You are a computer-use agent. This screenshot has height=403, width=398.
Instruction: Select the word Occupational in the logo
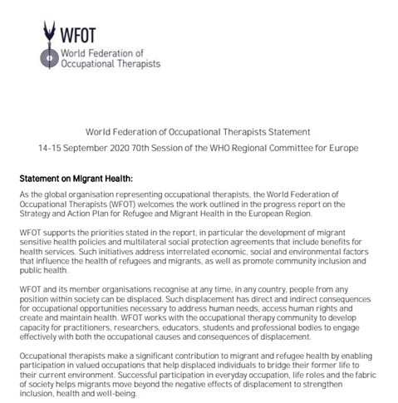[x=91, y=63]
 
